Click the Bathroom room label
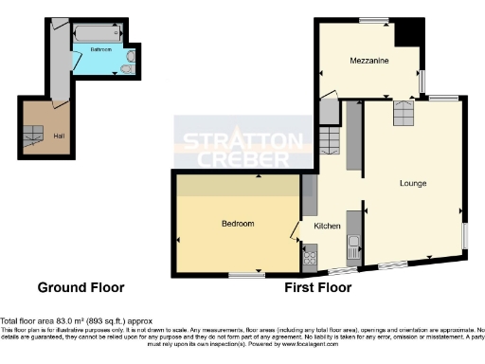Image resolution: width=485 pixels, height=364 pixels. tap(101, 48)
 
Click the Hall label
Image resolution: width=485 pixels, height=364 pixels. tap(59, 136)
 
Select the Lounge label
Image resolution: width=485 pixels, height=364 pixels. tap(412, 183)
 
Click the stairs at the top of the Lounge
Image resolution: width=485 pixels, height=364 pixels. tap(403, 115)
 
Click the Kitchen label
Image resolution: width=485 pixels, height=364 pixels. tap(327, 226)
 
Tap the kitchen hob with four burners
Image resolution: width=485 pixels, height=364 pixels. tap(309, 255)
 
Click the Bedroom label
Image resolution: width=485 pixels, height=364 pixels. tap(237, 224)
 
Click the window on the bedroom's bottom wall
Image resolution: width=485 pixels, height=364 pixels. tap(246, 275)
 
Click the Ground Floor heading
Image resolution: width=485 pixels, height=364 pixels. tap(81, 287)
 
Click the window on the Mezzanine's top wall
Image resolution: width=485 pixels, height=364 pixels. tap(374, 19)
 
